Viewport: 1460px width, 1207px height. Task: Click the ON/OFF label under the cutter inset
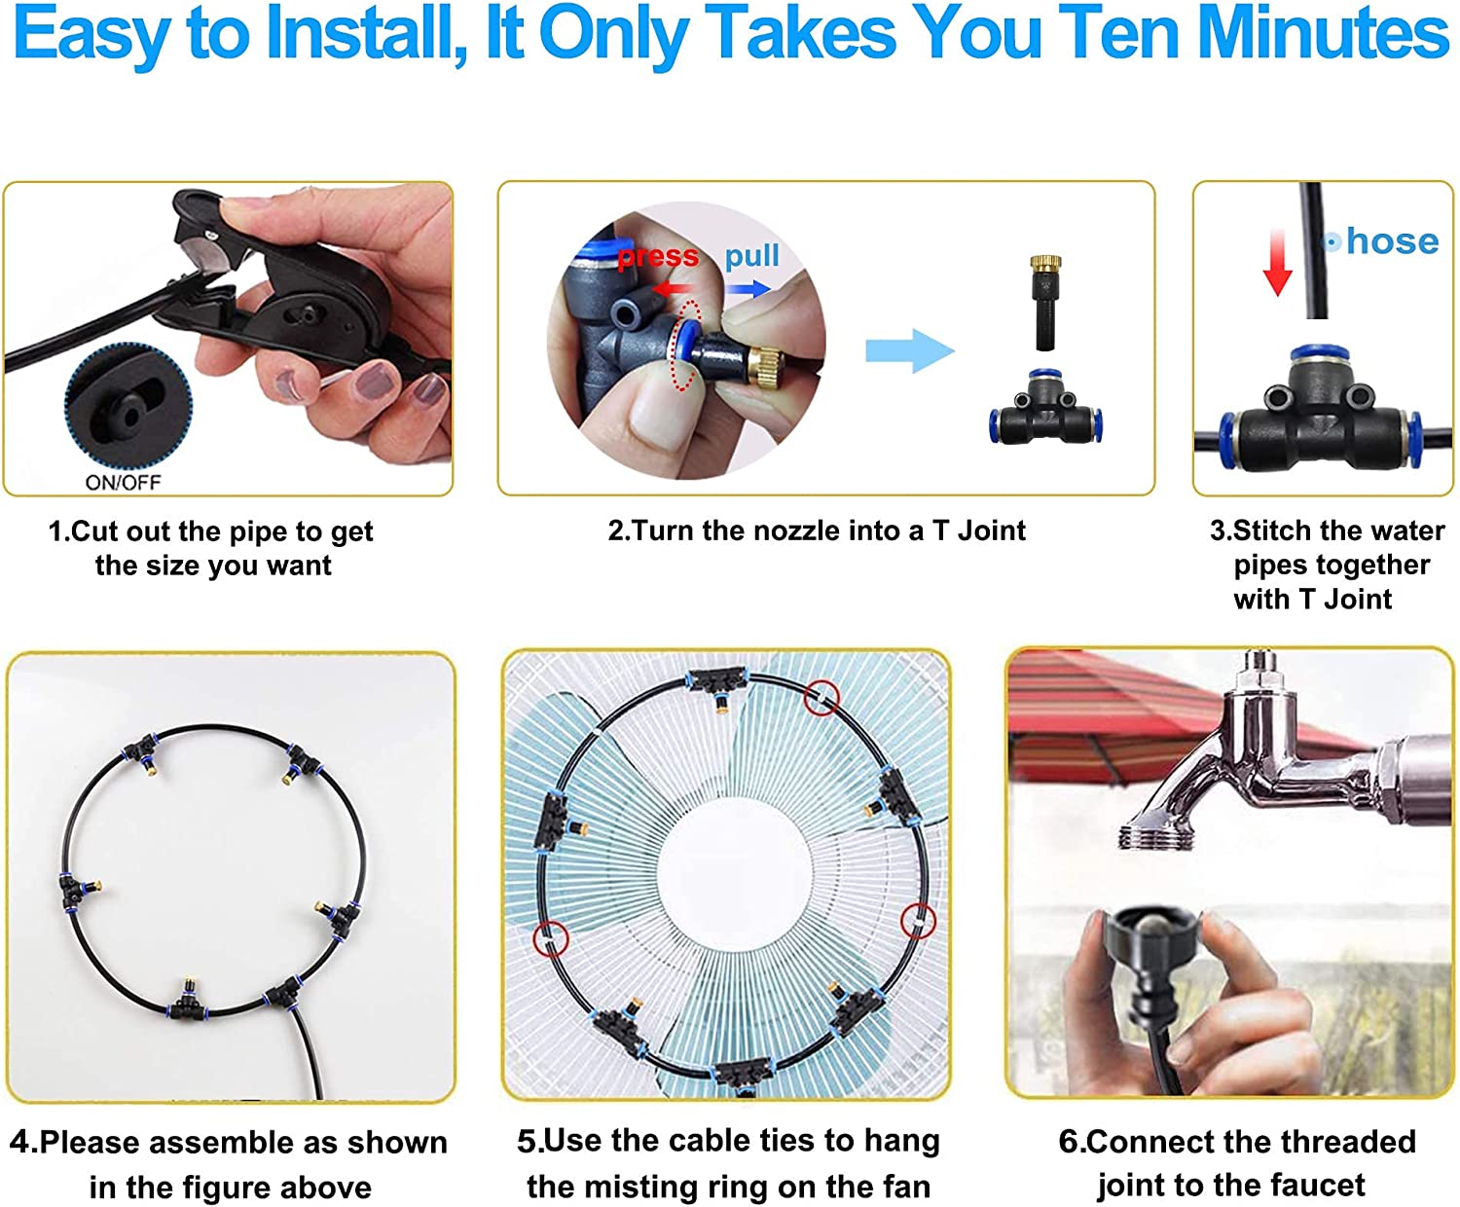[123, 482]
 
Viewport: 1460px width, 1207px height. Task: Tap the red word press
[658, 256]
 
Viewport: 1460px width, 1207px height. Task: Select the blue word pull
[751, 255]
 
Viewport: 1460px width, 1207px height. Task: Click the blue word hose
[1392, 240]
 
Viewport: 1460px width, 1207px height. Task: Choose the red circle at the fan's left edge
[551, 938]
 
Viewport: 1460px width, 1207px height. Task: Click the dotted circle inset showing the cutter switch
[128, 409]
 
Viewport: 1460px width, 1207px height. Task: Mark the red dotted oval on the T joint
[687, 345]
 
